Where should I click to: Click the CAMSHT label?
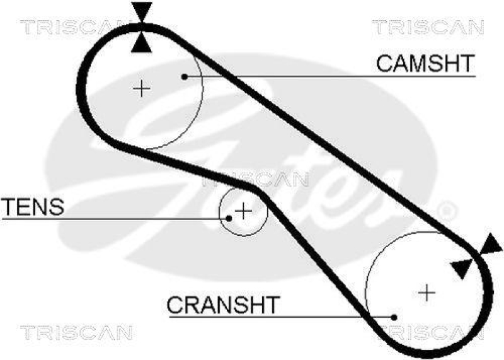coord(425,63)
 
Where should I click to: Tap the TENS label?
coord(33,206)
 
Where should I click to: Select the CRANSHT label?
coord(222,305)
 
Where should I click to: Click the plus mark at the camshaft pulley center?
coord(142,88)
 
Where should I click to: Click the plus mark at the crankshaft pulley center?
coord(427,292)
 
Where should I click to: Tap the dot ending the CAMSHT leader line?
coord(185,77)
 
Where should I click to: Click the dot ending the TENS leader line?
coord(229,218)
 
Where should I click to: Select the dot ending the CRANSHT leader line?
coord(394,317)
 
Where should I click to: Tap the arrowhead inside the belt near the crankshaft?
coord(461,268)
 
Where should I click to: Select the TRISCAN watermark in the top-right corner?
coord(428,27)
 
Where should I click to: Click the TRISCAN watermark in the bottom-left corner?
coord(76,332)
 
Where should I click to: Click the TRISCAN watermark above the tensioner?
coord(255,180)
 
